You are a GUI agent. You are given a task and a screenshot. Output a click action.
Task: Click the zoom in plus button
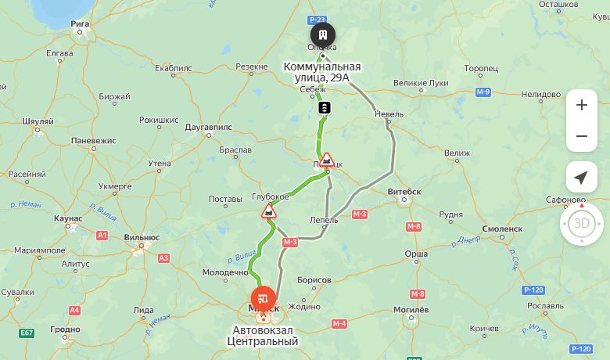581,105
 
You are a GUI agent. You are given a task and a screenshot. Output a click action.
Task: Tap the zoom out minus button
581,136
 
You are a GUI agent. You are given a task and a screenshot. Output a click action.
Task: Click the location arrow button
581,178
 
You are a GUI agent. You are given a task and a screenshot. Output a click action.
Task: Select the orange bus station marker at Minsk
264,297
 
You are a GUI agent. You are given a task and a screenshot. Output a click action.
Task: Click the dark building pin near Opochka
322,34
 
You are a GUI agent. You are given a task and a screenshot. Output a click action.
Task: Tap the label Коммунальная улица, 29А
322,72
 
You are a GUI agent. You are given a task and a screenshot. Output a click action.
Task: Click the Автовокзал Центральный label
264,336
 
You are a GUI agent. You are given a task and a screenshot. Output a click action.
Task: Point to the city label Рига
80,24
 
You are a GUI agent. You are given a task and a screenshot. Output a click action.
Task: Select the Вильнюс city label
142,237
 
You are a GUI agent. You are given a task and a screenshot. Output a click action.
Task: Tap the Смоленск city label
502,229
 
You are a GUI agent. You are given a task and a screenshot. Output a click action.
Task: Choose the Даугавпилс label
208,126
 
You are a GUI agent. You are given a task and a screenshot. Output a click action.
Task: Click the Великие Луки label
421,83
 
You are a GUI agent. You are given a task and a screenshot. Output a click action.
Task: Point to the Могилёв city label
410,309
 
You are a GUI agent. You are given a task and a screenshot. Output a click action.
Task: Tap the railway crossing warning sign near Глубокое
269,211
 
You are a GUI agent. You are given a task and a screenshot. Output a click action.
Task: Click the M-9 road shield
483,92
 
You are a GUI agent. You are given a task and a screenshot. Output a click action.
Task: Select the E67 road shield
27,333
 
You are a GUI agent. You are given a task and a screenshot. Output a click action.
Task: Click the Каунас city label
69,218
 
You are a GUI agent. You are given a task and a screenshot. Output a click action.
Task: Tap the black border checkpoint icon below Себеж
325,107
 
